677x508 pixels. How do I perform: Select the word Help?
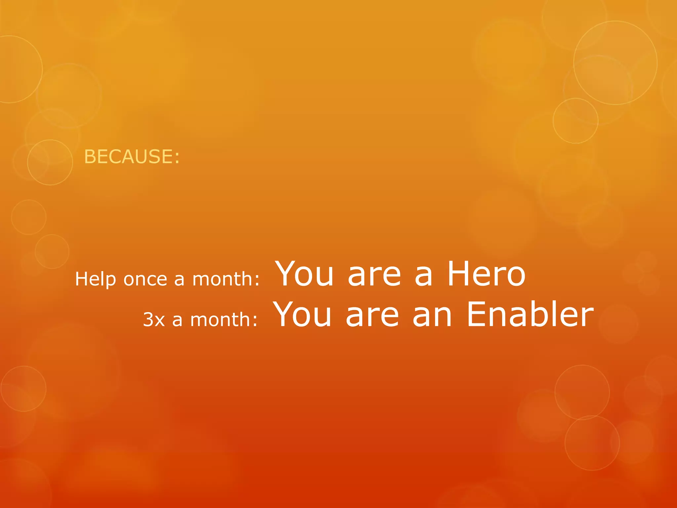95,279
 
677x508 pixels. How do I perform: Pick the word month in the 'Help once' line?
222,279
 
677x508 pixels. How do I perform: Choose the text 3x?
154,320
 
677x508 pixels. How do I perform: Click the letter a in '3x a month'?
177,320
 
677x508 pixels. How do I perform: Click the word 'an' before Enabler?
432,316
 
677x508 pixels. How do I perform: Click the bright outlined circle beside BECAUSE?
50,162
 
